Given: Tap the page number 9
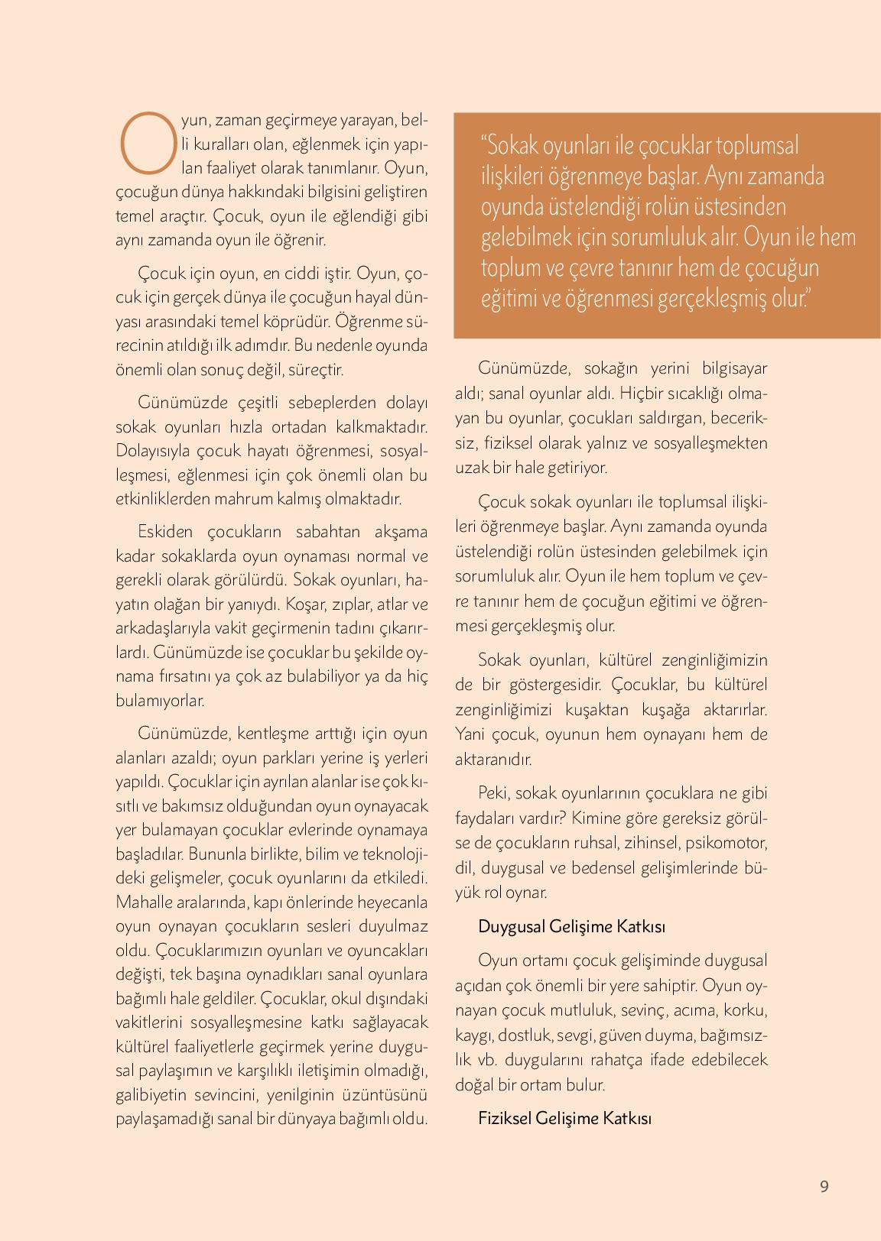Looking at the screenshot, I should click(x=824, y=1187).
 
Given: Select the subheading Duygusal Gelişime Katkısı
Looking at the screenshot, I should click(x=571, y=926).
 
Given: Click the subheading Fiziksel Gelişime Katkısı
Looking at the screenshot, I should click(x=564, y=1118).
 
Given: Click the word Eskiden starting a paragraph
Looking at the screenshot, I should click(x=166, y=532).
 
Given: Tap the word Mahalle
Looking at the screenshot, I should click(x=142, y=902).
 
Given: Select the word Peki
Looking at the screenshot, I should click(x=493, y=792).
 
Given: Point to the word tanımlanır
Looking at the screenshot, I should click(x=343, y=167).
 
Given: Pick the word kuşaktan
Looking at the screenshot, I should click(x=597, y=710).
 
